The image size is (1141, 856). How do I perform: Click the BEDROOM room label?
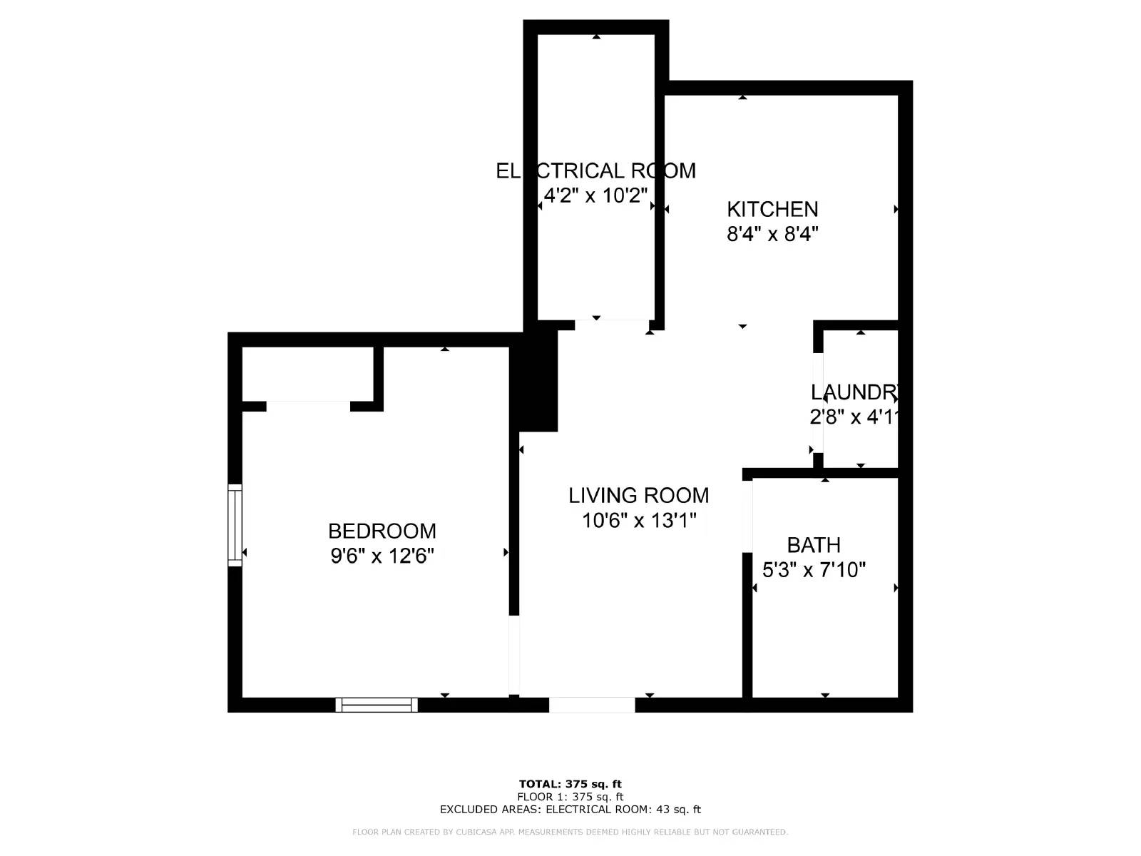click(x=382, y=531)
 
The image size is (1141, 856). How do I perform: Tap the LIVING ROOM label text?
click(x=638, y=495)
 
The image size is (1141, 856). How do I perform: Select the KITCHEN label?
click(x=772, y=209)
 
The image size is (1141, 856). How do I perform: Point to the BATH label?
click(x=814, y=545)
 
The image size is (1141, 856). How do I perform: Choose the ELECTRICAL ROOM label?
click(x=595, y=170)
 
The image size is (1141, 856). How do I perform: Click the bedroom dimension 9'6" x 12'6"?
click(x=382, y=556)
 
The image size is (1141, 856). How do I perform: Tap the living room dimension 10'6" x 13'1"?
click(x=638, y=520)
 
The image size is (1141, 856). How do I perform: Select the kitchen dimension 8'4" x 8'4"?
click(x=772, y=234)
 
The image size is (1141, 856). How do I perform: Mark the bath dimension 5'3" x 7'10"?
click(x=814, y=570)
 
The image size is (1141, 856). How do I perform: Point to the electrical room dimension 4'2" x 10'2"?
click(x=595, y=195)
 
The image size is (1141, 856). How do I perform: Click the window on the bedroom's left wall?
click(x=235, y=525)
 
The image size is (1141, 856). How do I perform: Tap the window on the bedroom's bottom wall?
click(x=377, y=705)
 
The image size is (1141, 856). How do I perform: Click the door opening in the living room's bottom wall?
click(x=592, y=705)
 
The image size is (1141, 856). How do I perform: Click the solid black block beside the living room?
click(x=538, y=378)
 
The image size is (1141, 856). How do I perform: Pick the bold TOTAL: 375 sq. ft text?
click(x=570, y=785)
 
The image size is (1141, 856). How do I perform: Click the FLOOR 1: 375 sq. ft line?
click(x=570, y=797)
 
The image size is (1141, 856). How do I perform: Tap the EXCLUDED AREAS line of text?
click(x=570, y=809)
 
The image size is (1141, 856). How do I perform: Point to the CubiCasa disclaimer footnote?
click(x=570, y=832)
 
